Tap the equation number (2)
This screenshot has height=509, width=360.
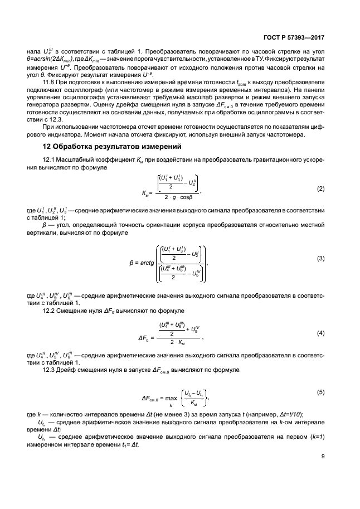(320, 189)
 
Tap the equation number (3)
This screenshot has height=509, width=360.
(320, 258)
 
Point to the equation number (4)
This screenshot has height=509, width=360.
(320, 333)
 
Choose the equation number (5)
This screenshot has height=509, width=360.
(320, 392)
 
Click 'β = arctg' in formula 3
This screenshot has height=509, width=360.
(140, 260)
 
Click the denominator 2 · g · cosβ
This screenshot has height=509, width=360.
(178, 197)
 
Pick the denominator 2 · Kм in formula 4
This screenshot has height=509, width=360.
(177, 342)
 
